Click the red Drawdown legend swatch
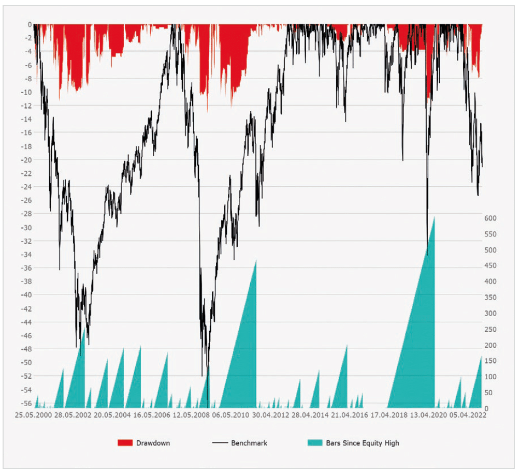coord(125,443)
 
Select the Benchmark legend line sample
coord(220,443)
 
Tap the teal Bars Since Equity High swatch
coord(315,443)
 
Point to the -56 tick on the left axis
coord(26,403)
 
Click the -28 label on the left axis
coord(26,214)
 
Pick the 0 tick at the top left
coord(30,24)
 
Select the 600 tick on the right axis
coord(490,218)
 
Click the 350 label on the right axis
coord(490,298)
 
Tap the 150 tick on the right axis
coord(490,361)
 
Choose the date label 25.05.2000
coord(34,415)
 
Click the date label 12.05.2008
coord(191,415)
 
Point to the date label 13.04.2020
coord(428,415)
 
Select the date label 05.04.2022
coord(468,415)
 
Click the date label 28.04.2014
coord(310,415)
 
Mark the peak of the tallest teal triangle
coord(434,217)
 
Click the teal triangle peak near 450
coord(256,260)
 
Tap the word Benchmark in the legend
coord(250,443)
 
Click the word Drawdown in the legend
coord(153,443)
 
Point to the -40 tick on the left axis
coord(26,295)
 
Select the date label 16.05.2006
coord(152,415)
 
